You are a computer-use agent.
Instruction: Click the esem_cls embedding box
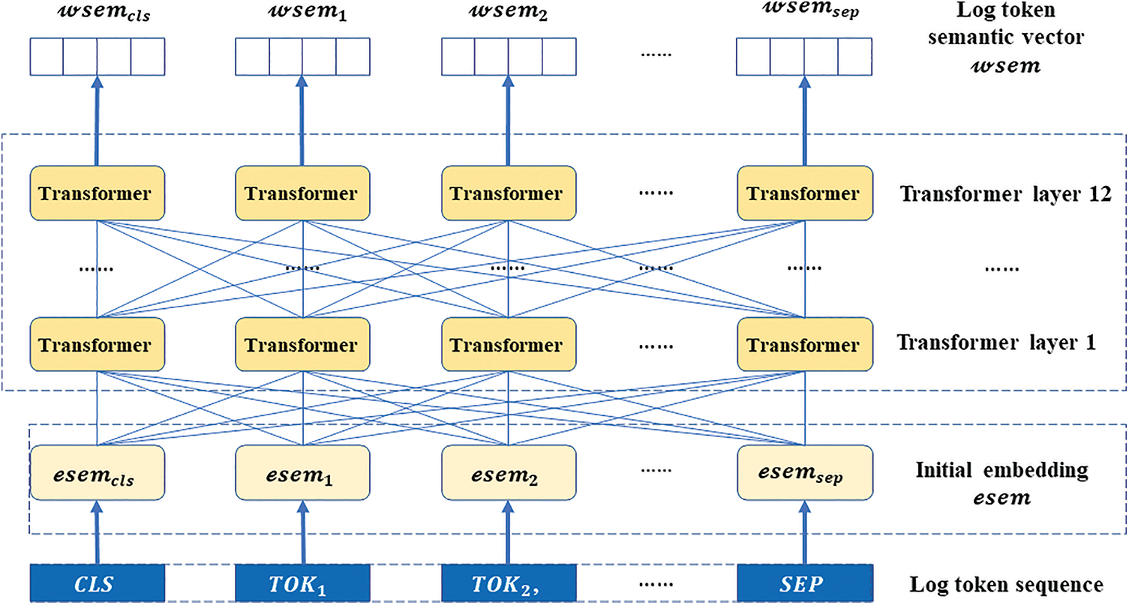click(x=96, y=472)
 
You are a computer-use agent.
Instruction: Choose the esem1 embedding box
click(x=302, y=472)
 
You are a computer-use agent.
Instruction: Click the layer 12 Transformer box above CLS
click(x=96, y=193)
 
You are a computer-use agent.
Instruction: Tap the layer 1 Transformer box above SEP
click(x=804, y=345)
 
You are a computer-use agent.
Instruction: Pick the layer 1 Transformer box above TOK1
click(x=302, y=345)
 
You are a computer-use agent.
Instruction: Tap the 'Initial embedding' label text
click(x=1001, y=471)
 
